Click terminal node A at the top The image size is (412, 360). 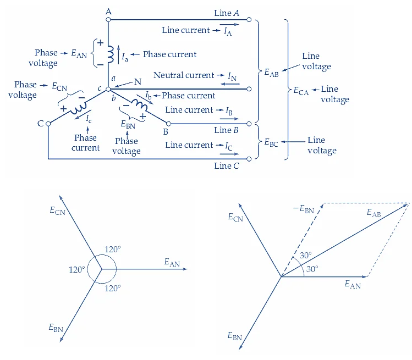pyautogui.click(x=108, y=20)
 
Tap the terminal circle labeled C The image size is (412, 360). pyautogui.click(x=48, y=124)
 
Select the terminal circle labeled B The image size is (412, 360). pyautogui.click(x=168, y=124)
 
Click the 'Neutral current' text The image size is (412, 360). pyautogui.click(x=184, y=75)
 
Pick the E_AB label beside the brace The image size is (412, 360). pyautogui.click(x=271, y=72)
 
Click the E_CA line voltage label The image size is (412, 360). pyautogui.click(x=301, y=92)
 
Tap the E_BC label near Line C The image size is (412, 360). pyautogui.click(x=271, y=143)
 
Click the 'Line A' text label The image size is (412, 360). pyautogui.click(x=227, y=13)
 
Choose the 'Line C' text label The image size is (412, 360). pyautogui.click(x=226, y=166)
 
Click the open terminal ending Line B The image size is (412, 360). pyautogui.click(x=250, y=123)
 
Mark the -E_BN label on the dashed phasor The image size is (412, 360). pyautogui.click(x=303, y=209)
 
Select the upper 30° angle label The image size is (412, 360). pyautogui.click(x=306, y=255)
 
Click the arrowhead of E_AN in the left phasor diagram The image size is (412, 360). pyautogui.click(x=185, y=269)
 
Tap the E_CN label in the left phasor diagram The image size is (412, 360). pyautogui.click(x=57, y=210)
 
